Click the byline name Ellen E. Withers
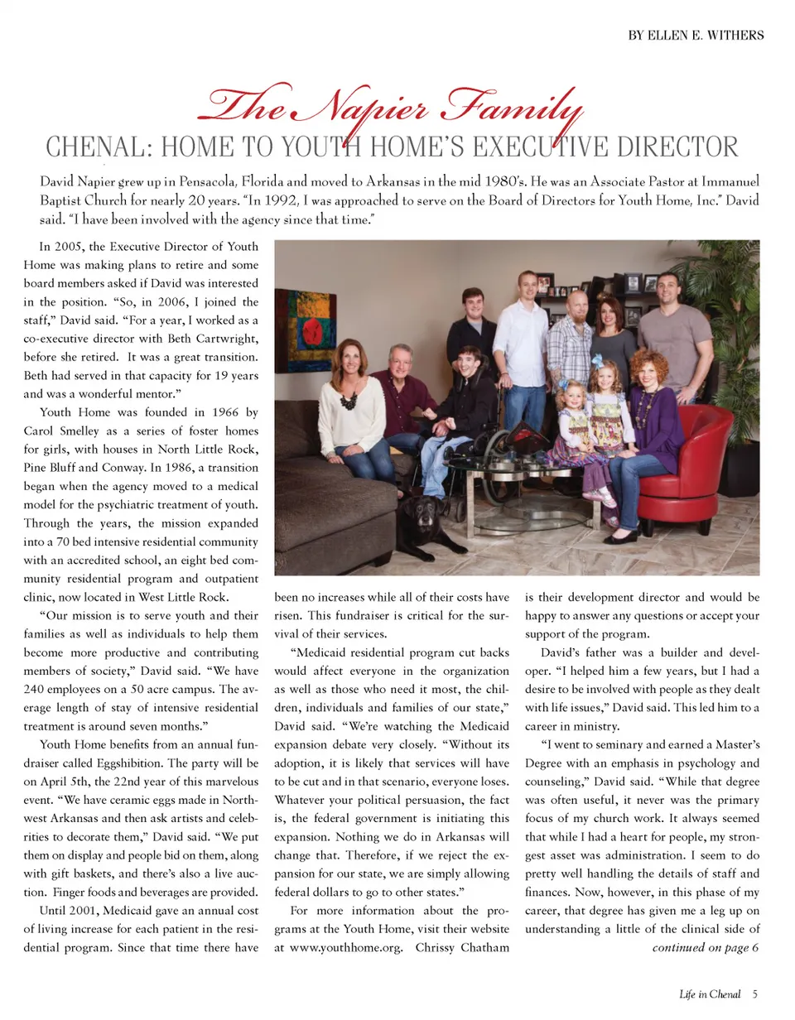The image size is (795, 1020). pyautogui.click(x=705, y=35)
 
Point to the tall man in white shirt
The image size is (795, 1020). pyautogui.click(x=522, y=348)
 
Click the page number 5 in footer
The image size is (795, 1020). pyautogui.click(x=756, y=994)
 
